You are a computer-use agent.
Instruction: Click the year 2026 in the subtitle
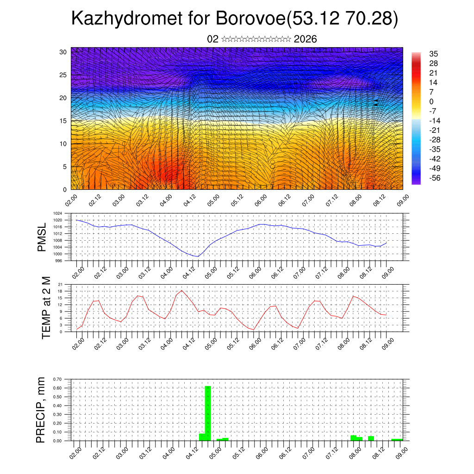[305, 39]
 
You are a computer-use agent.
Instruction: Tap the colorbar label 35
[434, 54]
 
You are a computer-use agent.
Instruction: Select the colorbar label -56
[436, 177]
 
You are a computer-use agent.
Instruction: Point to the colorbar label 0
[431, 101]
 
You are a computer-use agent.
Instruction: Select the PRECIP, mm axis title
[42, 409]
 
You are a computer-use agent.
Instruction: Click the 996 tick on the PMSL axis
[58, 261]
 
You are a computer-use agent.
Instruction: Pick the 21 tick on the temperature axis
[60, 284]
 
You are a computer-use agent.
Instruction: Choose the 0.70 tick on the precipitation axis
[57, 379]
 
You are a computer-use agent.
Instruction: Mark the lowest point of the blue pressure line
[198, 256]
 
